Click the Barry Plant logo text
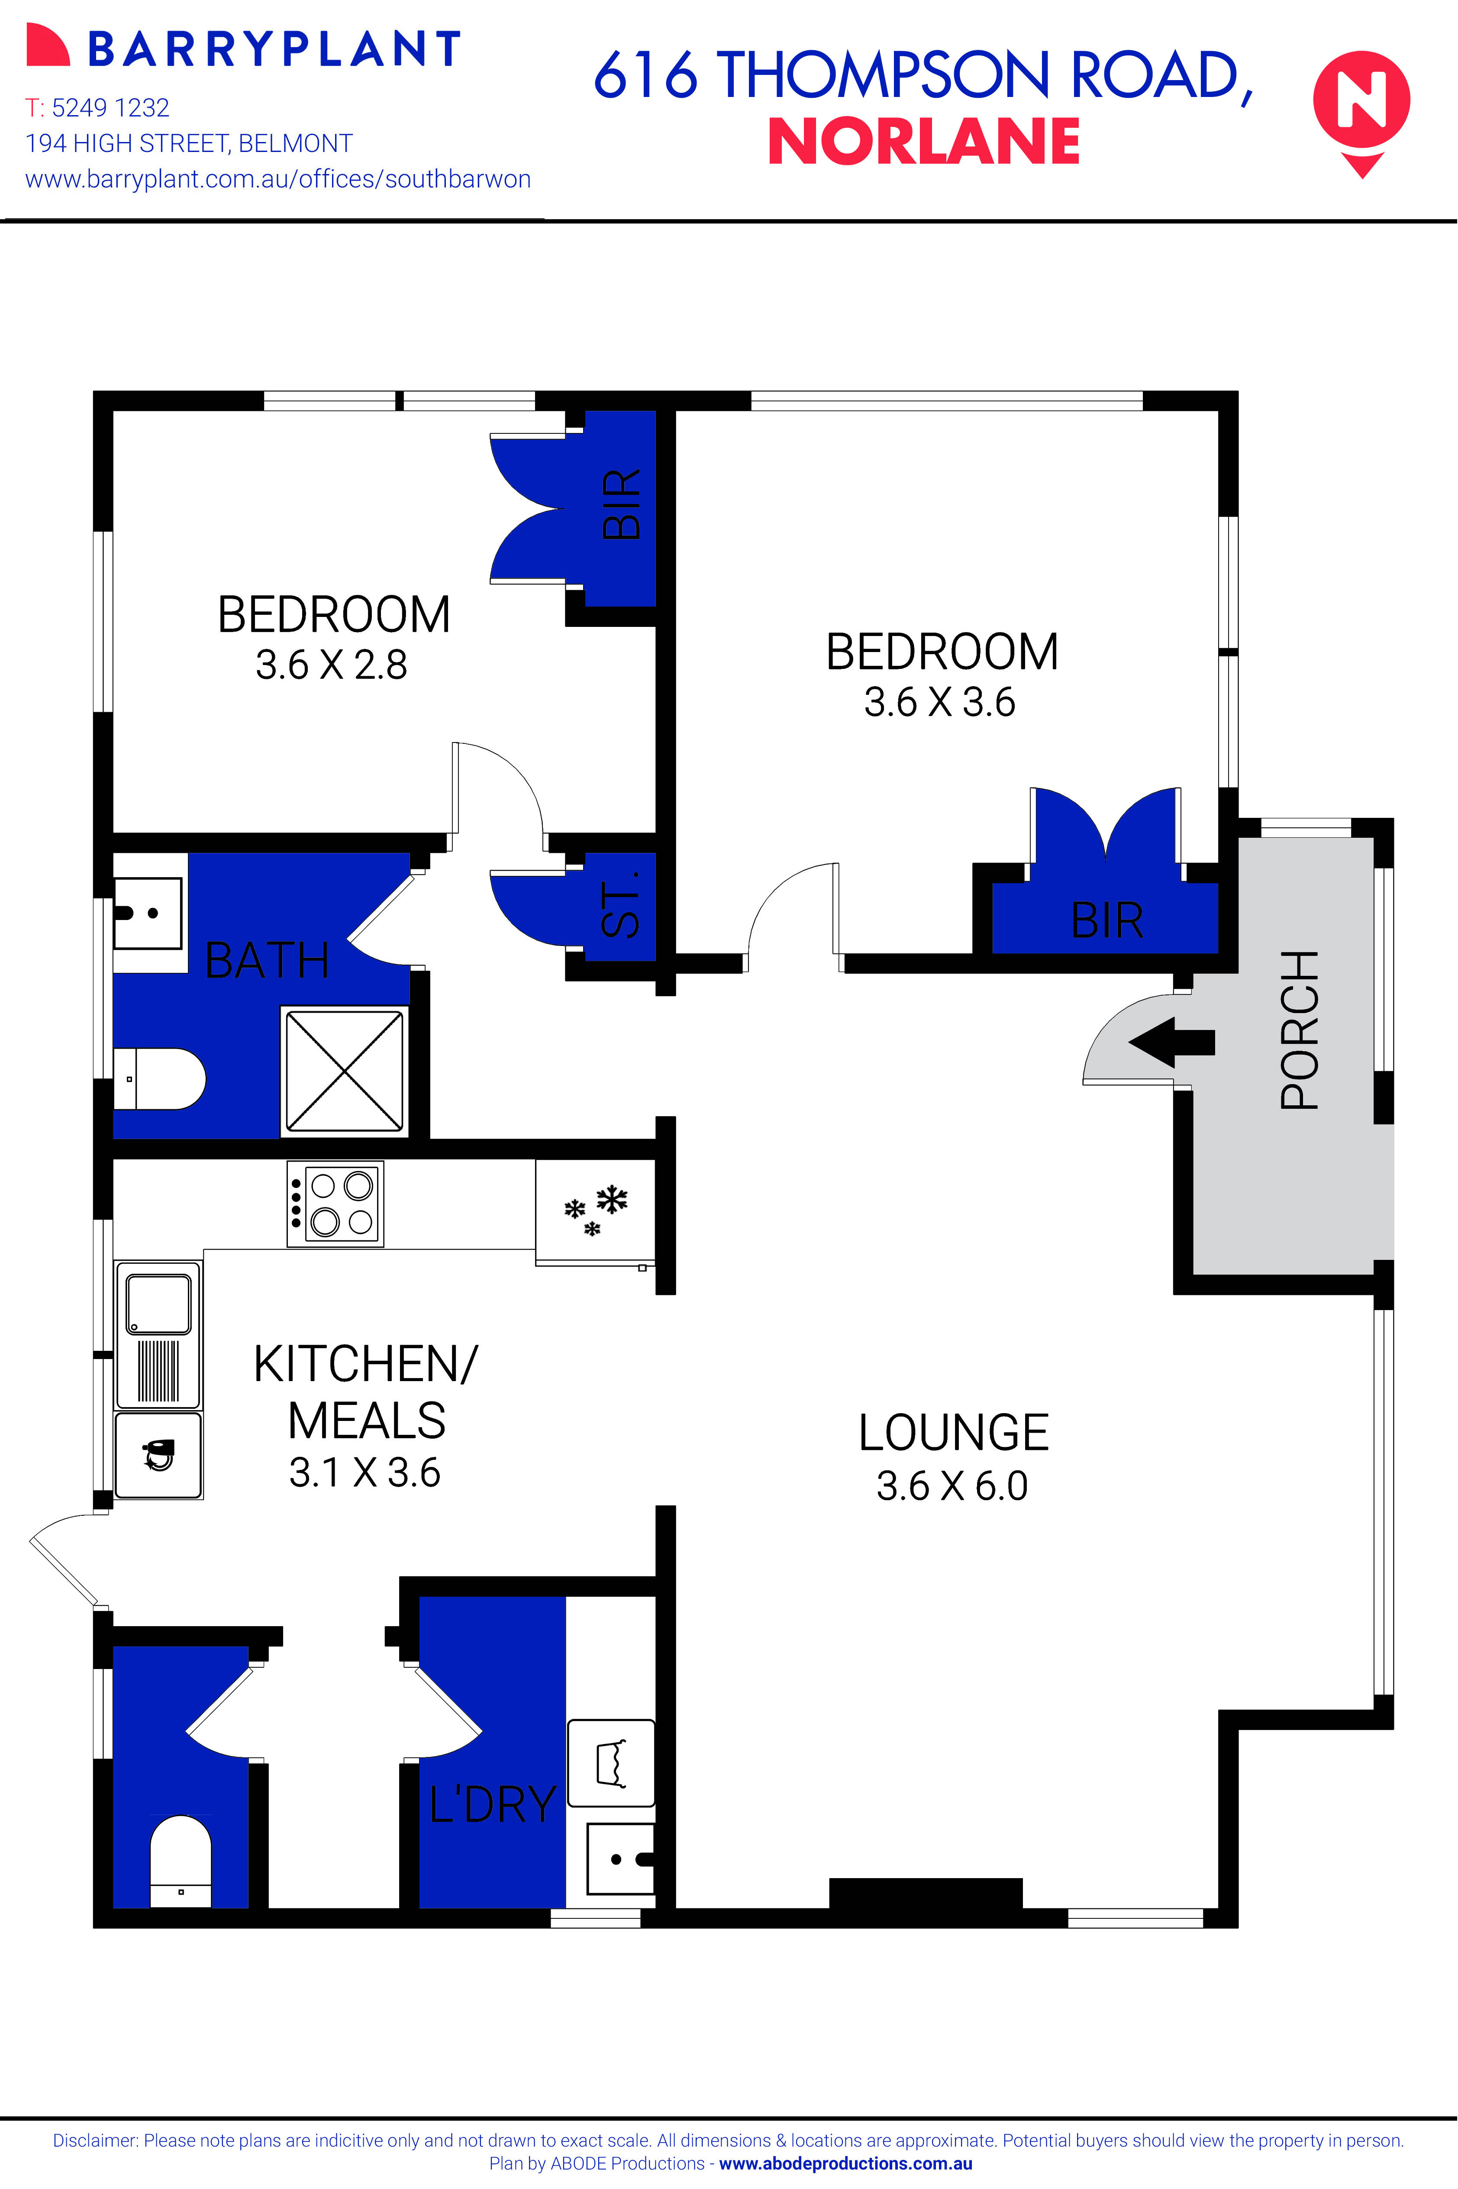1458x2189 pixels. (274, 49)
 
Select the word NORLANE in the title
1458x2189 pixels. (923, 142)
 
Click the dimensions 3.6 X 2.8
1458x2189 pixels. (332, 665)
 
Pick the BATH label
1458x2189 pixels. (267, 961)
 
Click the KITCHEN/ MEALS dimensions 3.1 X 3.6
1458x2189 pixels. (364, 1472)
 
